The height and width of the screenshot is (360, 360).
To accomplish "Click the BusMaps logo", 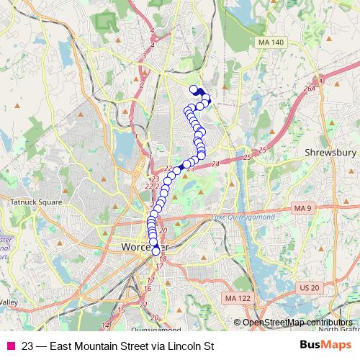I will [325, 346].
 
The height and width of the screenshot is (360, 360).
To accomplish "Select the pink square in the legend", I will [10, 346].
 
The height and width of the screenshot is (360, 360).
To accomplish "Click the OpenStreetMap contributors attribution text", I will [297, 323].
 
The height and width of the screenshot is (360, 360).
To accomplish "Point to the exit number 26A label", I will [310, 89].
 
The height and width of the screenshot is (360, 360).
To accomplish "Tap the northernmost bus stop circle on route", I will [193, 89].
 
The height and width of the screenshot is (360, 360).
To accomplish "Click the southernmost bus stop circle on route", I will [156, 251].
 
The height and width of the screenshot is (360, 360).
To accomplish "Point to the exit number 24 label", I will [215, 165].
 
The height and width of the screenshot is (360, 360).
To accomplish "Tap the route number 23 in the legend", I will [26, 346].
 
